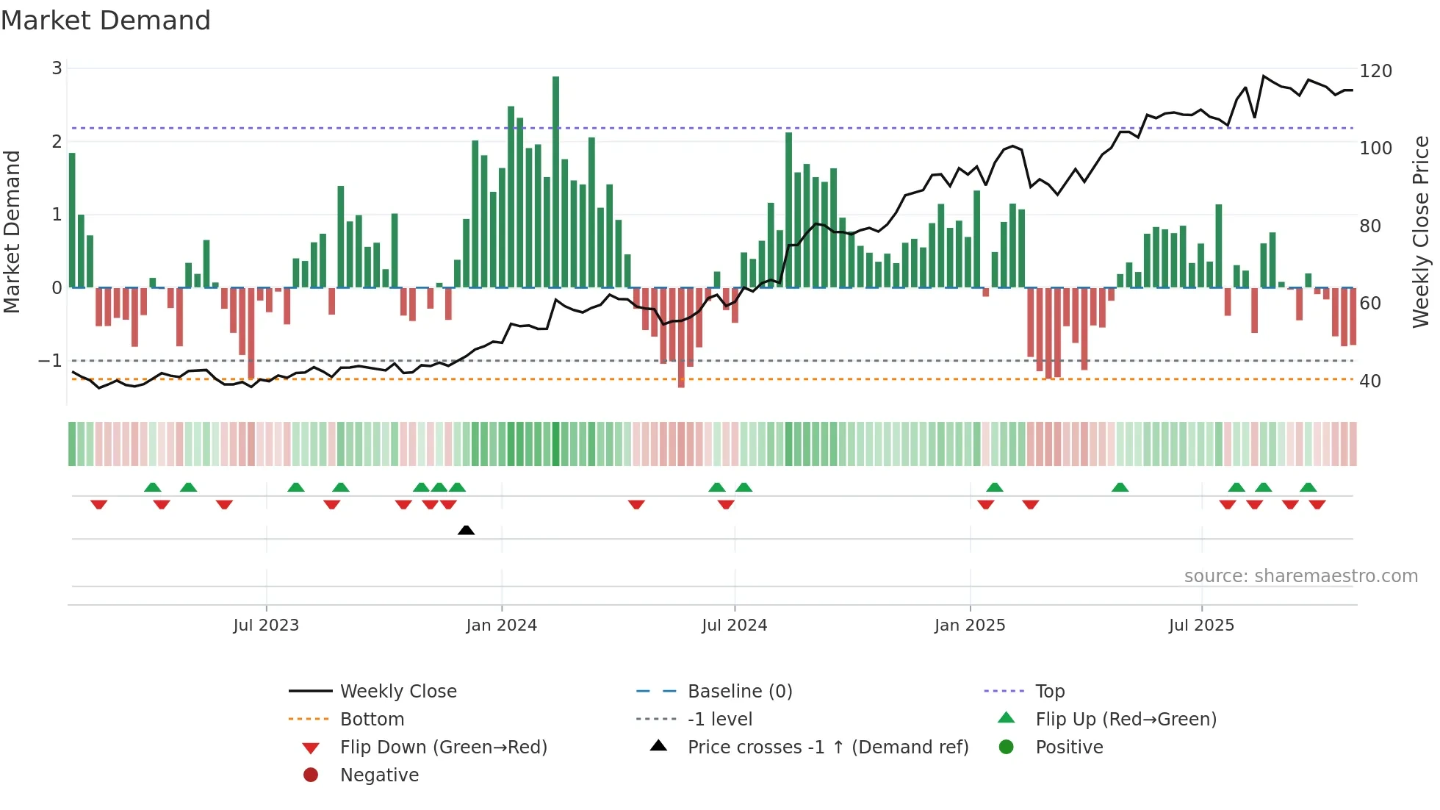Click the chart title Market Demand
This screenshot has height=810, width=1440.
[106, 21]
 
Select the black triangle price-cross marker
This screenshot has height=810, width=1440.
[466, 530]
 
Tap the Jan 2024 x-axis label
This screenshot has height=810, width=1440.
[501, 626]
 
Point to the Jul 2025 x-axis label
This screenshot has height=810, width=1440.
[1201, 626]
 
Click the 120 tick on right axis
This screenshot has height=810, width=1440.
[1375, 71]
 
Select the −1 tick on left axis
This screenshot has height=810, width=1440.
[50, 361]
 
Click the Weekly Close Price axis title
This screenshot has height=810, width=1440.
[1421, 232]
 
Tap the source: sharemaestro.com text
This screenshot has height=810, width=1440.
[1300, 576]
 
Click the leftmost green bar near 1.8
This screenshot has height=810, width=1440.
[72, 221]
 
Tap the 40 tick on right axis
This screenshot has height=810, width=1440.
[1369, 381]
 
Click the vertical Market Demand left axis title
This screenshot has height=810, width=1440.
[12, 232]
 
